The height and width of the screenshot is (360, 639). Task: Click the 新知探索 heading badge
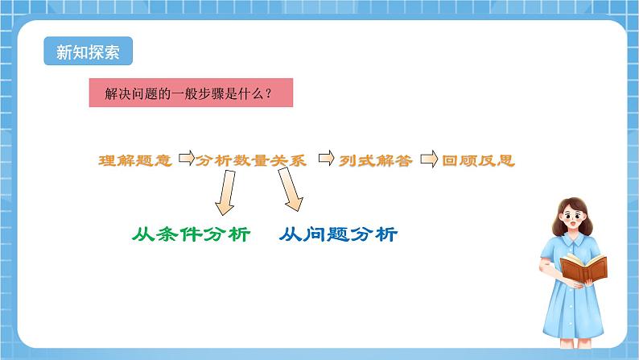click(x=88, y=52)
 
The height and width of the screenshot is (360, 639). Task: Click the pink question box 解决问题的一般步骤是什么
click(x=190, y=93)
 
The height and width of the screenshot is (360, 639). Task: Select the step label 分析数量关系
click(x=252, y=160)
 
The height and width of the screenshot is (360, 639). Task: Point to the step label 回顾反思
click(x=478, y=160)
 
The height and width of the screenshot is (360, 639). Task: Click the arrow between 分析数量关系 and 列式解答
click(x=326, y=159)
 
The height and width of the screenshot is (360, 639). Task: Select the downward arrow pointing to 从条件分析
click(x=222, y=193)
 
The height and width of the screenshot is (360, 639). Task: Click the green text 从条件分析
click(x=191, y=235)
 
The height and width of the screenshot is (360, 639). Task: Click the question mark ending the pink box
click(x=268, y=93)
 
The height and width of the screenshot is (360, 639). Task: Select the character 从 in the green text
click(x=142, y=235)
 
